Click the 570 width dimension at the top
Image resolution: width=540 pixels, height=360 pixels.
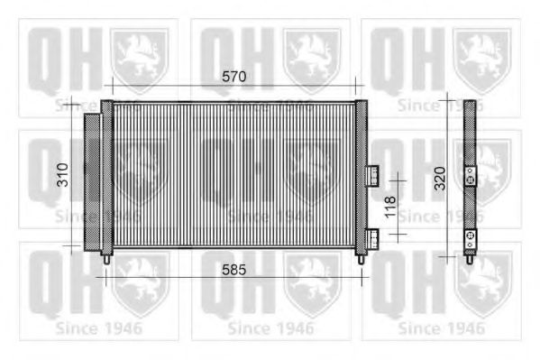pyautogui.click(x=233, y=78)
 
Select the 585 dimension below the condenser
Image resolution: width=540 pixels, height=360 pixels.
pyautogui.click(x=233, y=269)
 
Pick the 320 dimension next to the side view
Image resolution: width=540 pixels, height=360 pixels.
pyautogui.click(x=439, y=179)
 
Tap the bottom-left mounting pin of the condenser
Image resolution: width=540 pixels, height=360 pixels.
pyautogui.click(x=108, y=258)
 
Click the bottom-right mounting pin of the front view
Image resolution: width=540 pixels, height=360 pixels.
pyautogui.click(x=361, y=258)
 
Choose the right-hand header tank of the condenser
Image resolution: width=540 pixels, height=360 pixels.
pyautogui.click(x=361, y=176)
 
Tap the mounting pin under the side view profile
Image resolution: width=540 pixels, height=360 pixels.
pyautogui.click(x=470, y=259)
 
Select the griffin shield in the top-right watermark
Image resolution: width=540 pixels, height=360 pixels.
pyautogui.click(x=481, y=56)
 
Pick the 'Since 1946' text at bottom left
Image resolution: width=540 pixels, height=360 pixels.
pyautogui.click(x=98, y=328)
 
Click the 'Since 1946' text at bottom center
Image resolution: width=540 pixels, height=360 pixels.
pyautogui.click(x=270, y=328)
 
